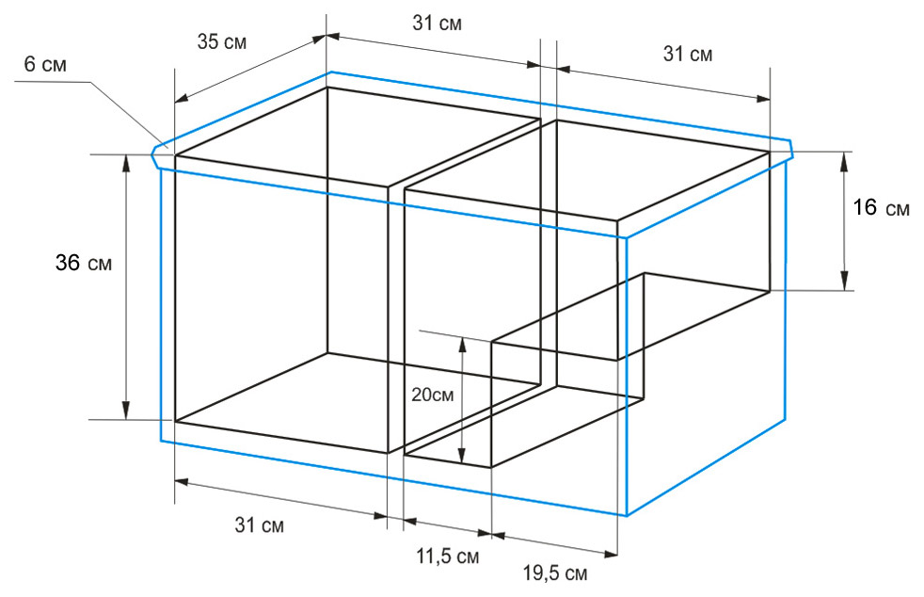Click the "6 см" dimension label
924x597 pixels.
(x=45, y=64)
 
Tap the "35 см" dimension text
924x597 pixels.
(x=221, y=42)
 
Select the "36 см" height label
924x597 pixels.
(x=84, y=263)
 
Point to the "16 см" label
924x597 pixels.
(x=882, y=208)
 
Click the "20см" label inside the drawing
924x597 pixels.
(x=433, y=394)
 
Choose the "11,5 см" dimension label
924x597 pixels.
(x=448, y=556)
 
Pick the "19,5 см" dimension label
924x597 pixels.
(x=555, y=573)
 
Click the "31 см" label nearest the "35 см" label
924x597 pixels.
(x=438, y=23)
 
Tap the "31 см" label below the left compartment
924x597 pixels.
(x=260, y=524)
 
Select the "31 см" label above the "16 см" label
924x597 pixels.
(x=688, y=54)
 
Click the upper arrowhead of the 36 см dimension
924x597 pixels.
(x=125, y=162)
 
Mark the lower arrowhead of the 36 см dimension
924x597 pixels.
(x=125, y=411)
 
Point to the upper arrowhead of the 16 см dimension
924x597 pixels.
(x=844, y=160)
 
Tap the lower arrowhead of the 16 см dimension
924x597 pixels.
(x=844, y=282)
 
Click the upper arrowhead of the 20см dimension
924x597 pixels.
(x=463, y=346)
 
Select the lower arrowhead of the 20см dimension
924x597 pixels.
(x=463, y=454)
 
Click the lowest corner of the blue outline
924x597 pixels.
(x=627, y=516)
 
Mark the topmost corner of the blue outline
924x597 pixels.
(x=331, y=72)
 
